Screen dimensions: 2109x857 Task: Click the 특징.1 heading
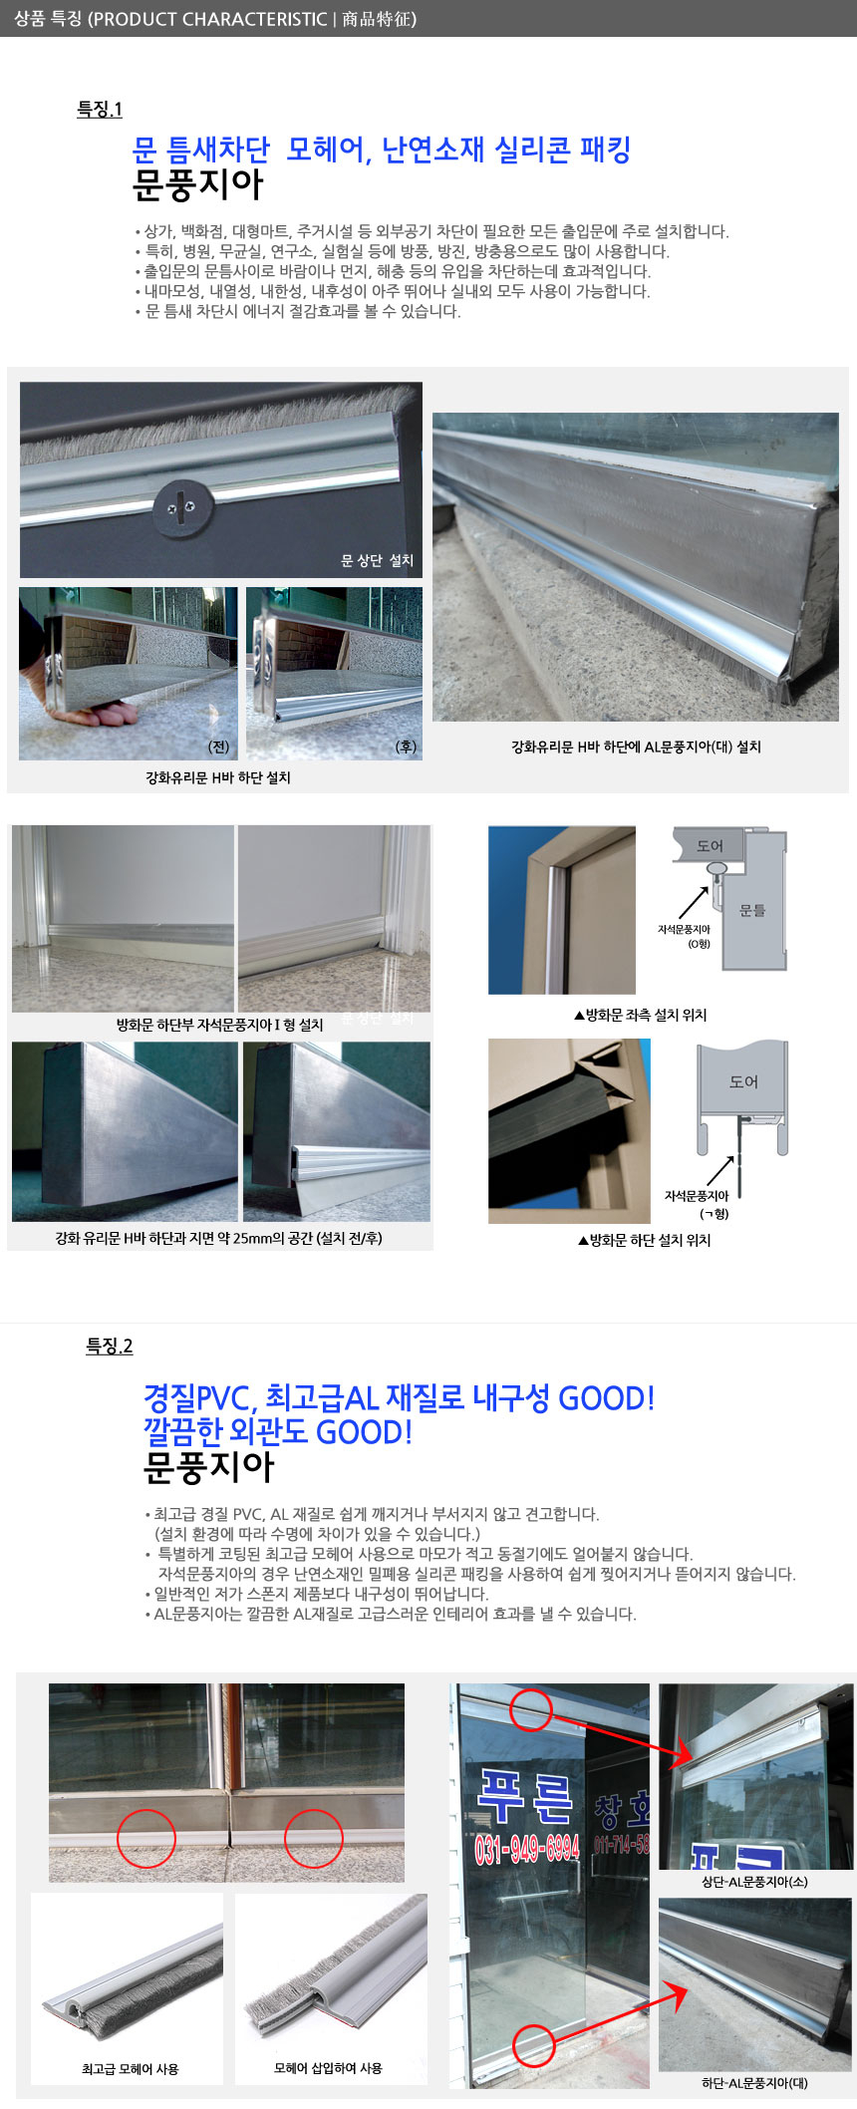pos(100,110)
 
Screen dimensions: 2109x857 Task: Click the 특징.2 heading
pos(110,1347)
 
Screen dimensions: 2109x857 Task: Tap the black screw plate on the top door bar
pos(182,509)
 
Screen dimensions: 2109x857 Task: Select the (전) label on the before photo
pos(218,747)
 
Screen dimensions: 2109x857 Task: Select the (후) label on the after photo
pos(406,747)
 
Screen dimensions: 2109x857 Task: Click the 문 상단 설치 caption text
pos(377,560)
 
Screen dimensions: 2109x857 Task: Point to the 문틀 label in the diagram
pos(752,910)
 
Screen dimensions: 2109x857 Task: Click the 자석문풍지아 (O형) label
pos(684,936)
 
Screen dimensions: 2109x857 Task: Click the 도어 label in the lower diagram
pos(743,1081)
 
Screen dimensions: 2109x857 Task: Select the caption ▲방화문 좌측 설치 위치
pos(640,1015)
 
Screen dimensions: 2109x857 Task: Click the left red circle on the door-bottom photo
pos(146,1838)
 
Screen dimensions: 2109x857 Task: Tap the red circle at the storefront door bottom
pos(534,2045)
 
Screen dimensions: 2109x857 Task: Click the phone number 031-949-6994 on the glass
pos(527,1849)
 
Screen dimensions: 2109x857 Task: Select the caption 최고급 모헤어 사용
pos(130,2068)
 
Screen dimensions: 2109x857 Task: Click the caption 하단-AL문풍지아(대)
pos(754,2082)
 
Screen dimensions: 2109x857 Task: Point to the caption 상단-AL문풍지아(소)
pos(754,1882)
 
